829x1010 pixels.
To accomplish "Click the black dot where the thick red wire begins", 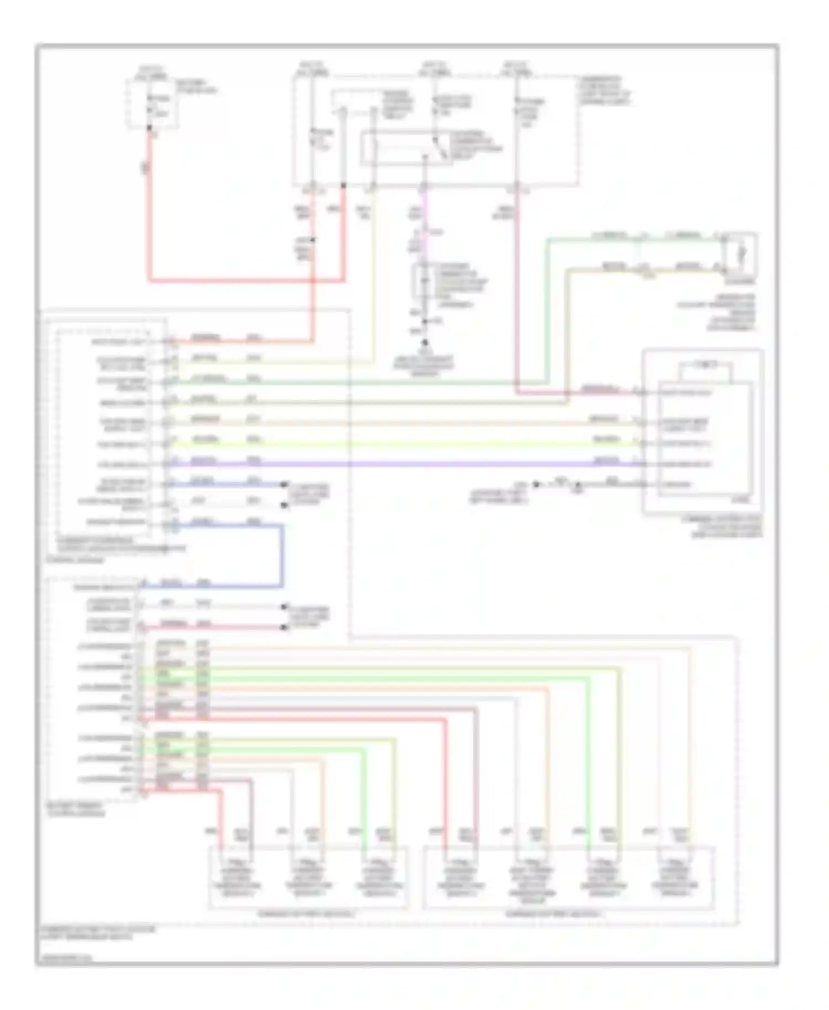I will (149, 129).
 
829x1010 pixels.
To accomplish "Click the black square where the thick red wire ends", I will (344, 186).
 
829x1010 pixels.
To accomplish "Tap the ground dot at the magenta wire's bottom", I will (425, 343).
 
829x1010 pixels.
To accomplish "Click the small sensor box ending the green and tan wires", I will (741, 255).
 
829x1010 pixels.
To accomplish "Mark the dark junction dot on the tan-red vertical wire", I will (313, 240).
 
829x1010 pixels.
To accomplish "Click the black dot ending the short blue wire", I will (284, 485).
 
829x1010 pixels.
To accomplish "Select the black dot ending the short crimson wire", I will (284, 627).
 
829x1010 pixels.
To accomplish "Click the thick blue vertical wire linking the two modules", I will (282, 555).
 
